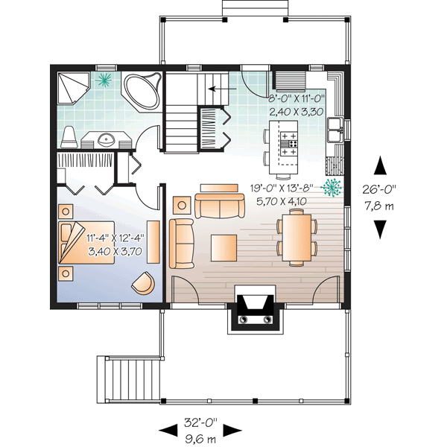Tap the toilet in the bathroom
pos(69,136)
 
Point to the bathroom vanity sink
pos(103,138)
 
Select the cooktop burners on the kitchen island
pos(288,144)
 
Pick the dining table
pos(297,237)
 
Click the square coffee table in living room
pos(223,247)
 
